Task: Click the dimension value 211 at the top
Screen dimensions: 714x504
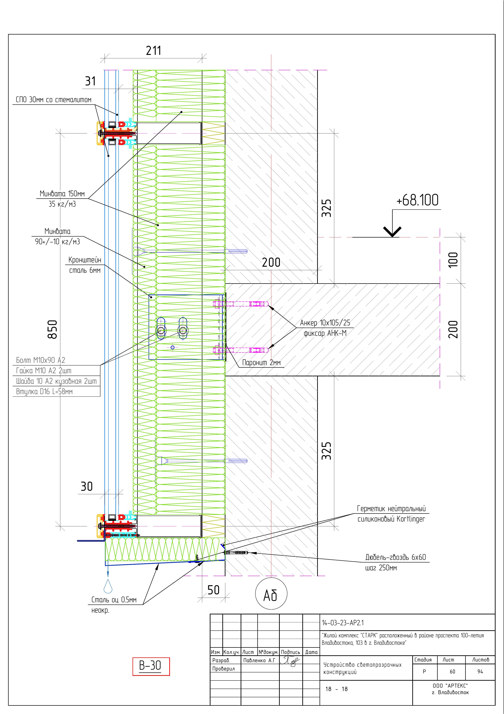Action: [x=153, y=51]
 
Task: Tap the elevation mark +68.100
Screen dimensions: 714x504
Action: [x=417, y=200]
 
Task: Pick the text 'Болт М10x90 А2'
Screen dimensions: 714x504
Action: [x=41, y=360]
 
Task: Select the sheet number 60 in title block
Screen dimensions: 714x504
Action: [x=452, y=671]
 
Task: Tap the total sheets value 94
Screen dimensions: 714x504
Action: [x=480, y=671]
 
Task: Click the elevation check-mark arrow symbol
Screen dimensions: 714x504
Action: [x=392, y=231]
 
